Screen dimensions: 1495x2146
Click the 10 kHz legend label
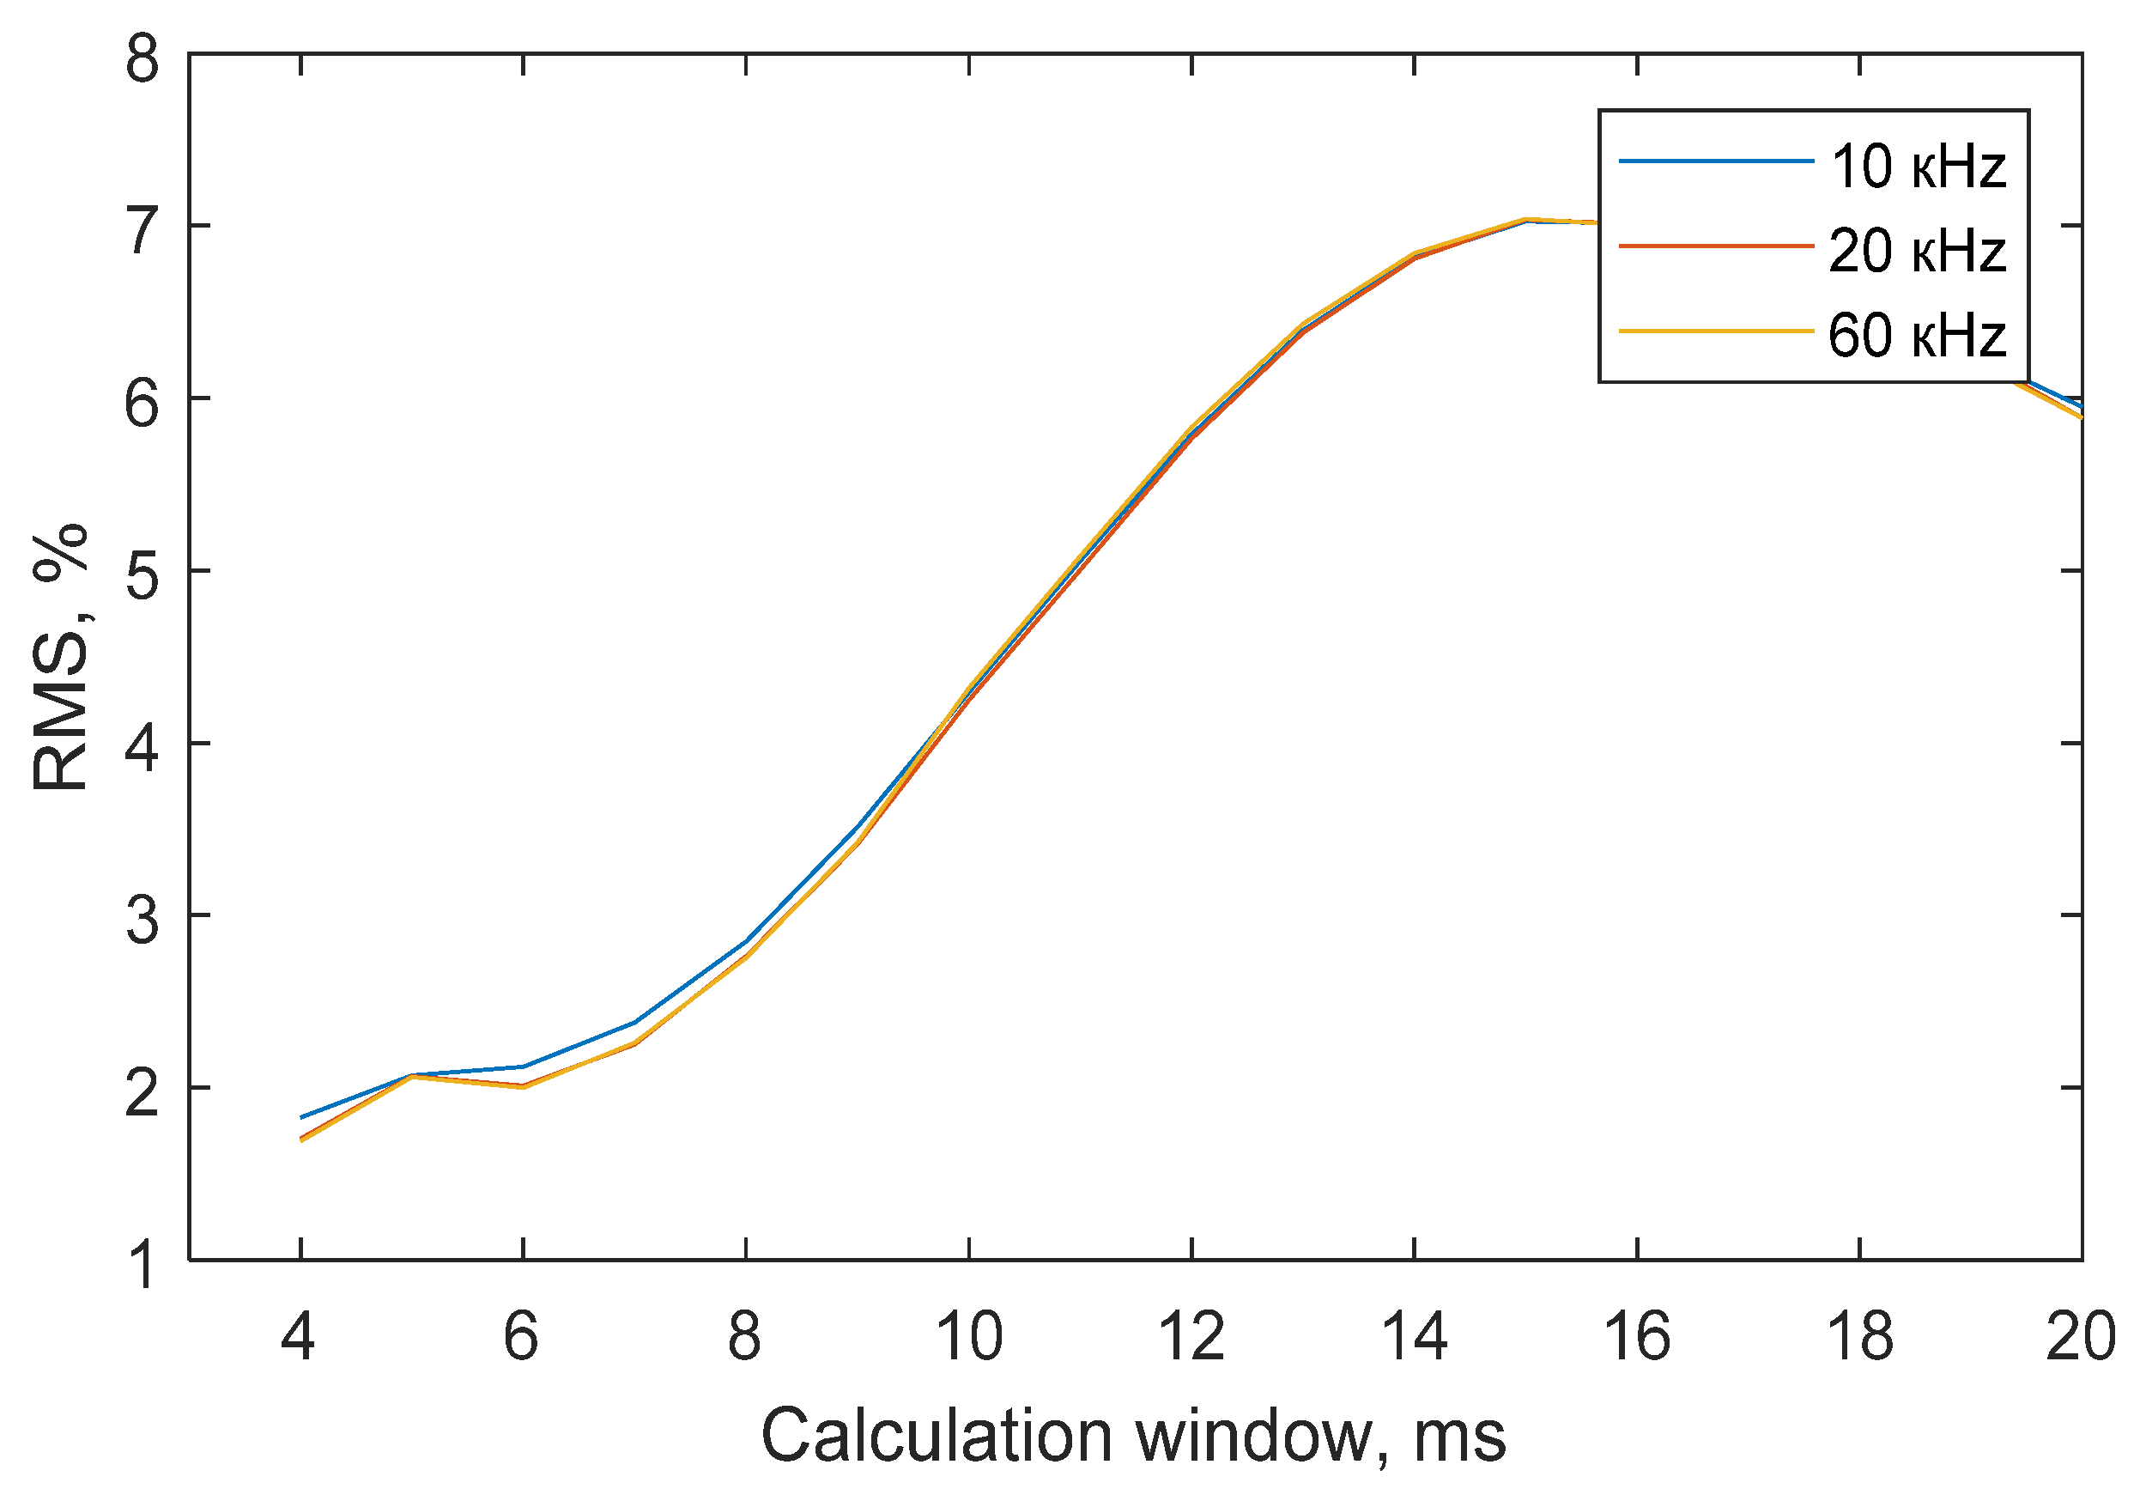tap(1917, 167)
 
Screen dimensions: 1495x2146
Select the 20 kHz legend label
tap(1917, 252)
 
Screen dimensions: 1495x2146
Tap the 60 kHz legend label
tap(1917, 336)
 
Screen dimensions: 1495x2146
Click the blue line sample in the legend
tap(1716, 161)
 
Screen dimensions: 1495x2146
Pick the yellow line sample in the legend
tap(1716, 331)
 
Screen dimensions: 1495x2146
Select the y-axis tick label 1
tap(143, 1264)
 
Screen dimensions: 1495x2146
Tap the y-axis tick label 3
tap(143, 919)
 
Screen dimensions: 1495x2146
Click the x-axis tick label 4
tap(298, 1337)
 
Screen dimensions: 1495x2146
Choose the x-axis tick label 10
tap(968, 1337)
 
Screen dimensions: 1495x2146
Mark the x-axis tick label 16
tap(1637, 1337)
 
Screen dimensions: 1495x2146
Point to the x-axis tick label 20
tap(2081, 1337)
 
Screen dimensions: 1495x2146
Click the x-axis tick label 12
tap(1191, 1337)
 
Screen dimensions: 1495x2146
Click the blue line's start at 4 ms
tap(301, 1117)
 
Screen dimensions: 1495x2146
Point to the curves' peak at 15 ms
tap(1525, 220)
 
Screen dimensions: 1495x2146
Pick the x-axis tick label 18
tap(1859, 1337)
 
